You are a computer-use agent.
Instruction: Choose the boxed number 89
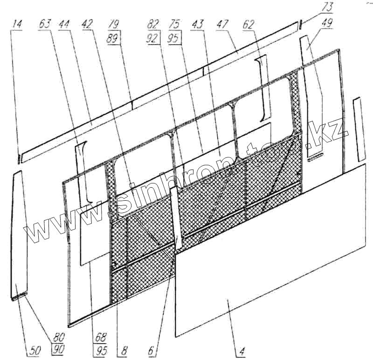pyautogui.click(x=113, y=39)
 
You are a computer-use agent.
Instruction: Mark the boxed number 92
pyautogui.click(x=152, y=39)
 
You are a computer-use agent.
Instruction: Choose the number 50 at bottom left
pyautogui.click(x=33, y=349)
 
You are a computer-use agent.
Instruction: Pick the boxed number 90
pyautogui.click(x=59, y=349)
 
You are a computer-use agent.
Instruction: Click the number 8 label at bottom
pyautogui.click(x=124, y=349)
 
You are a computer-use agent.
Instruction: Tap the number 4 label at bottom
pyautogui.click(x=242, y=349)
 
